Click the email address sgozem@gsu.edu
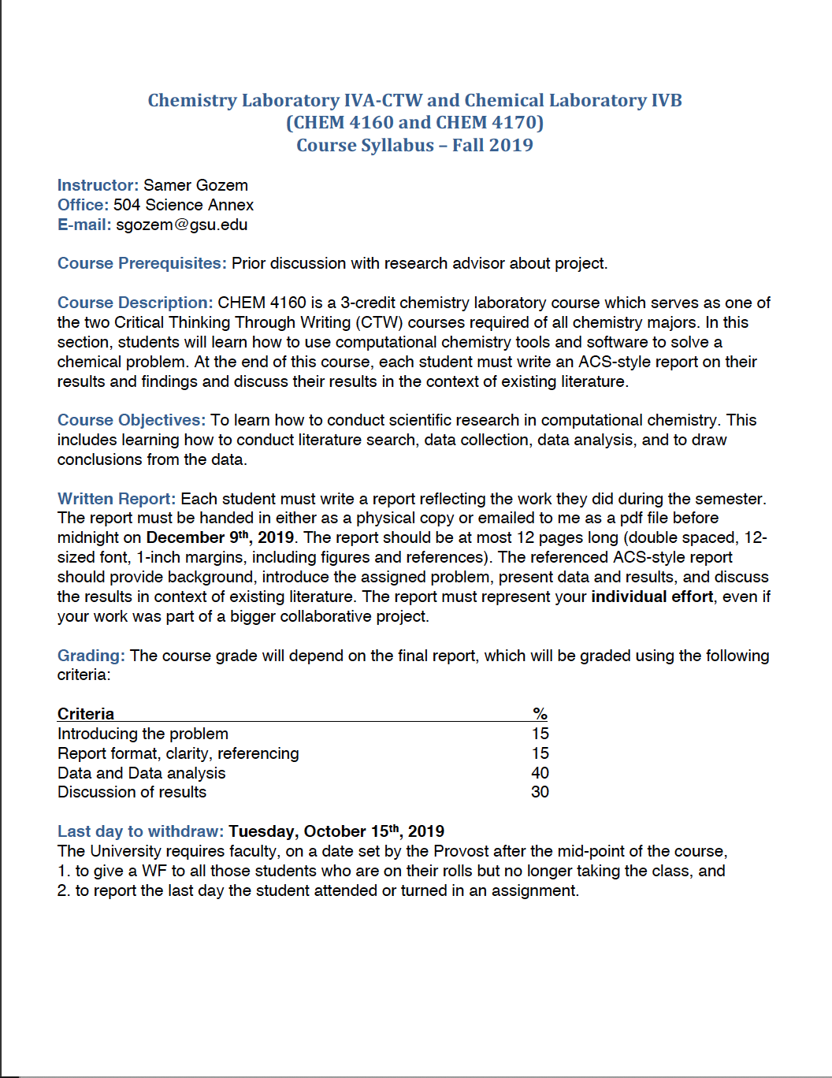[181, 225]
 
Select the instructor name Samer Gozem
[195, 185]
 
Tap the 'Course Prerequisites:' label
[142, 263]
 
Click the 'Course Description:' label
[135, 303]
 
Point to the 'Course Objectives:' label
[131, 420]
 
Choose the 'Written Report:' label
[117, 499]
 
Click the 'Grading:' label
[91, 656]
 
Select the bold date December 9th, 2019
[220, 537]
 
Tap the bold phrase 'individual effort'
[652, 597]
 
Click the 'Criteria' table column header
[86, 714]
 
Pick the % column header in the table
[540, 714]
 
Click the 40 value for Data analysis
[540, 773]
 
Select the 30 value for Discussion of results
[540, 792]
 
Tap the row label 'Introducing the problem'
[143, 734]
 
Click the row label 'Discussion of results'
[132, 792]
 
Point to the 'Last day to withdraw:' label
[140, 831]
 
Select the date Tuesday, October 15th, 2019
[336, 831]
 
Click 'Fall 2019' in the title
[492, 145]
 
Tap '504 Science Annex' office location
[184, 205]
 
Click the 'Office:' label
[83, 205]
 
